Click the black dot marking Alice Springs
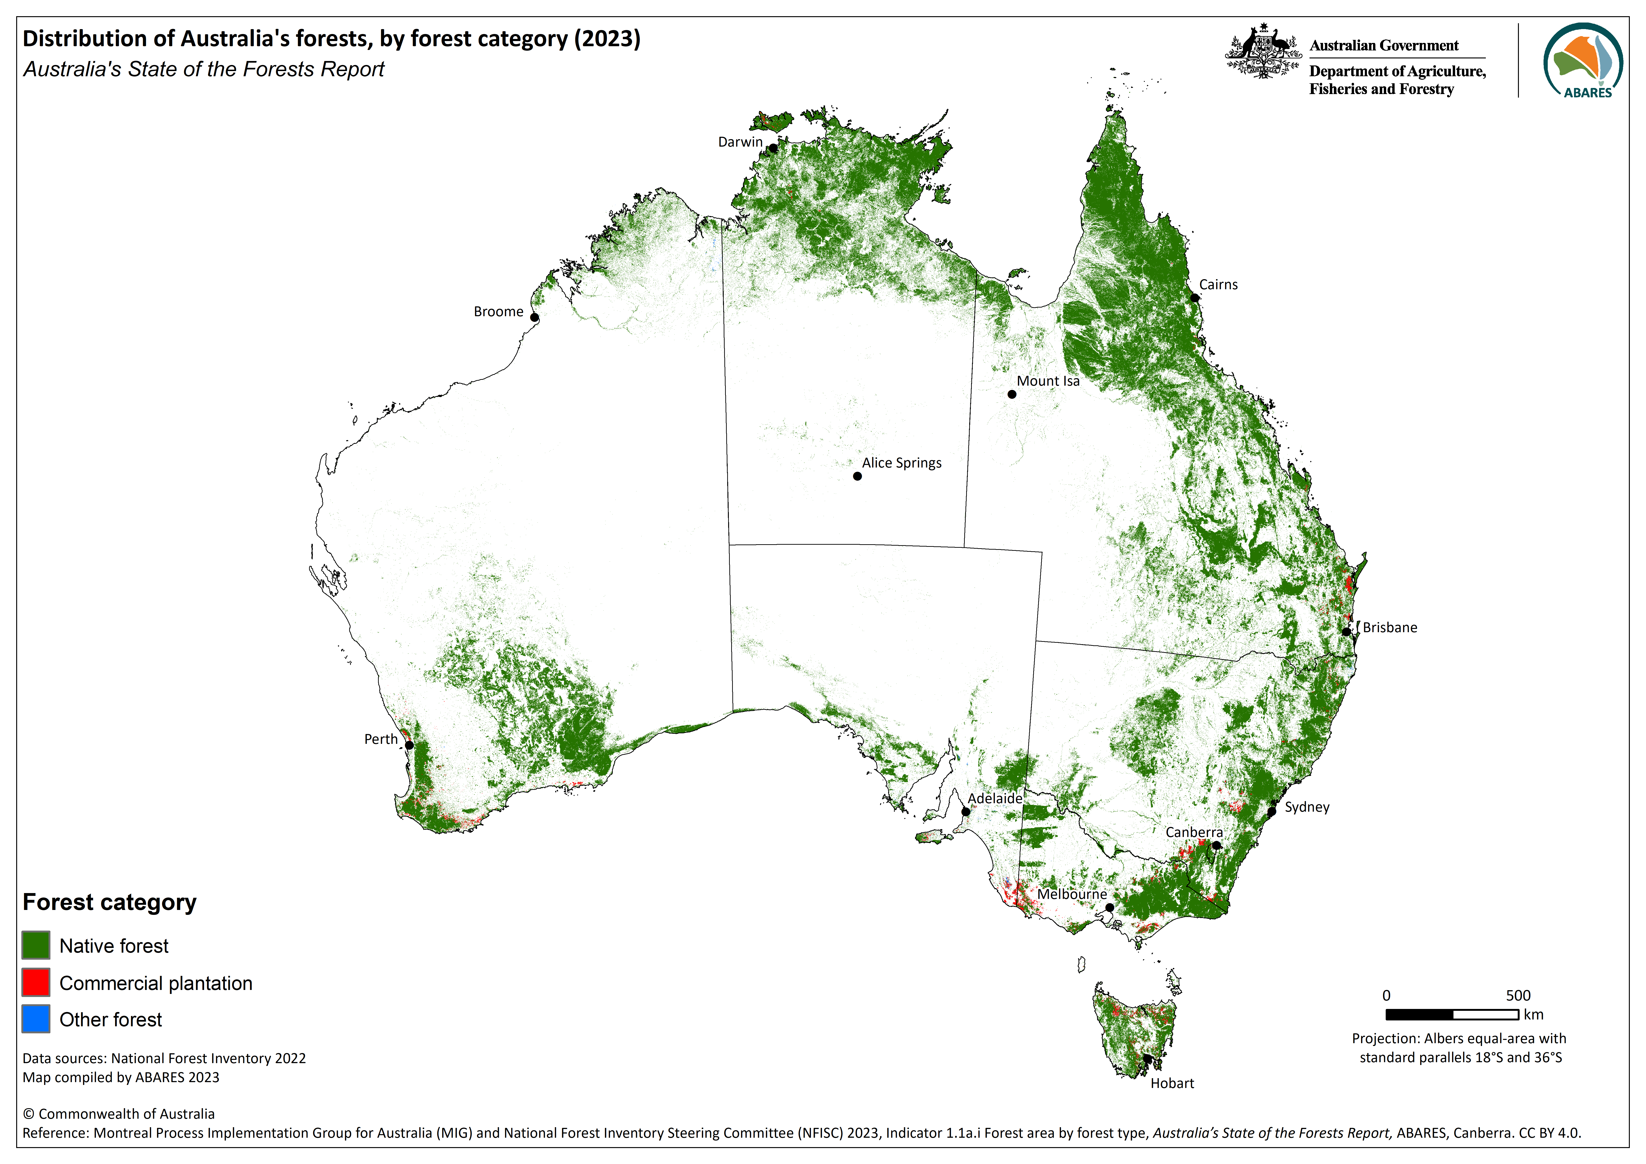point(857,476)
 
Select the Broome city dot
point(534,317)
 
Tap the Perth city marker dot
point(409,745)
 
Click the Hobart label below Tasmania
point(1172,1083)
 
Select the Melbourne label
point(1072,894)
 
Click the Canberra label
point(1194,832)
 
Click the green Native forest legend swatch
point(36,945)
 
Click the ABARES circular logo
point(1583,60)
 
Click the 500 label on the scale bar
point(1518,996)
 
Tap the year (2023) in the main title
point(607,39)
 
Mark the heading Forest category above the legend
point(110,902)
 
